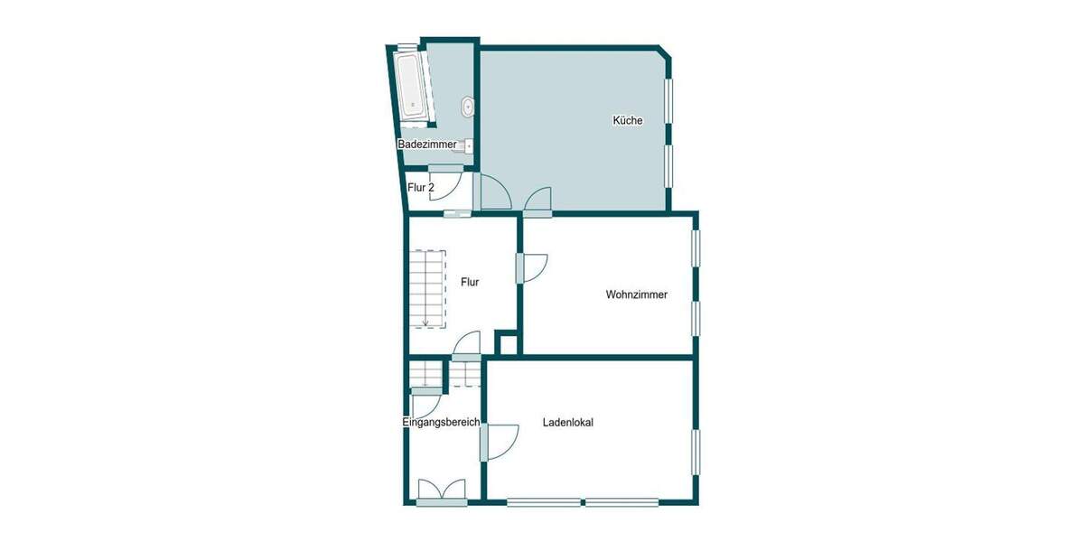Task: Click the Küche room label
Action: [x=628, y=120]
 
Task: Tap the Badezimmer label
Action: [x=426, y=145]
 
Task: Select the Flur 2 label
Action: [x=421, y=188]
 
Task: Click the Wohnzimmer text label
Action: [x=637, y=294]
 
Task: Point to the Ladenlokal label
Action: [x=568, y=422]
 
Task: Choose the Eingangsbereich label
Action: [x=441, y=422]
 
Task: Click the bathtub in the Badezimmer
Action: [x=412, y=85]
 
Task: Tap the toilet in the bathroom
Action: [x=467, y=107]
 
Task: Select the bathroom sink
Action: [x=467, y=145]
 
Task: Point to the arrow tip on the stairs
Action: [x=425, y=324]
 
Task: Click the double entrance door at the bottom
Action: [x=442, y=491]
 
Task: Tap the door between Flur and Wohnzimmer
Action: [x=532, y=268]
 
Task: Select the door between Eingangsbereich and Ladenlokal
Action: [x=500, y=440]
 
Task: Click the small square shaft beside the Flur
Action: [x=508, y=344]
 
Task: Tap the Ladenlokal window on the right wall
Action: [x=696, y=451]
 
